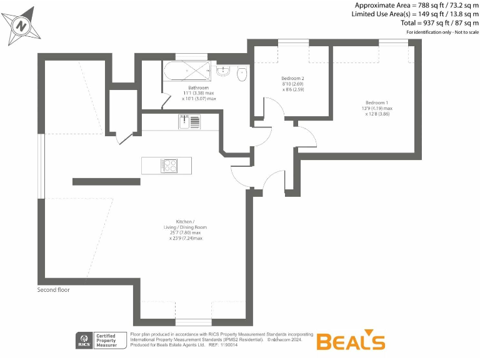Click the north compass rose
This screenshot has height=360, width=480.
pyautogui.click(x=22, y=26)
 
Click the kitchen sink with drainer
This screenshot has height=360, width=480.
pyautogui.click(x=189, y=122)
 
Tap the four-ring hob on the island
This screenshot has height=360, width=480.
pyautogui.click(x=169, y=166)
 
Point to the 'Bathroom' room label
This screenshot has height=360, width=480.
pyautogui.click(x=198, y=87)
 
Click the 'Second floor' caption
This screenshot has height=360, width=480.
pyautogui.click(x=54, y=290)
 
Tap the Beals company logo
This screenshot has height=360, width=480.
pyautogui.click(x=350, y=341)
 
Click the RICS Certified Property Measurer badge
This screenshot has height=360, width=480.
pyautogui.click(x=100, y=340)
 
